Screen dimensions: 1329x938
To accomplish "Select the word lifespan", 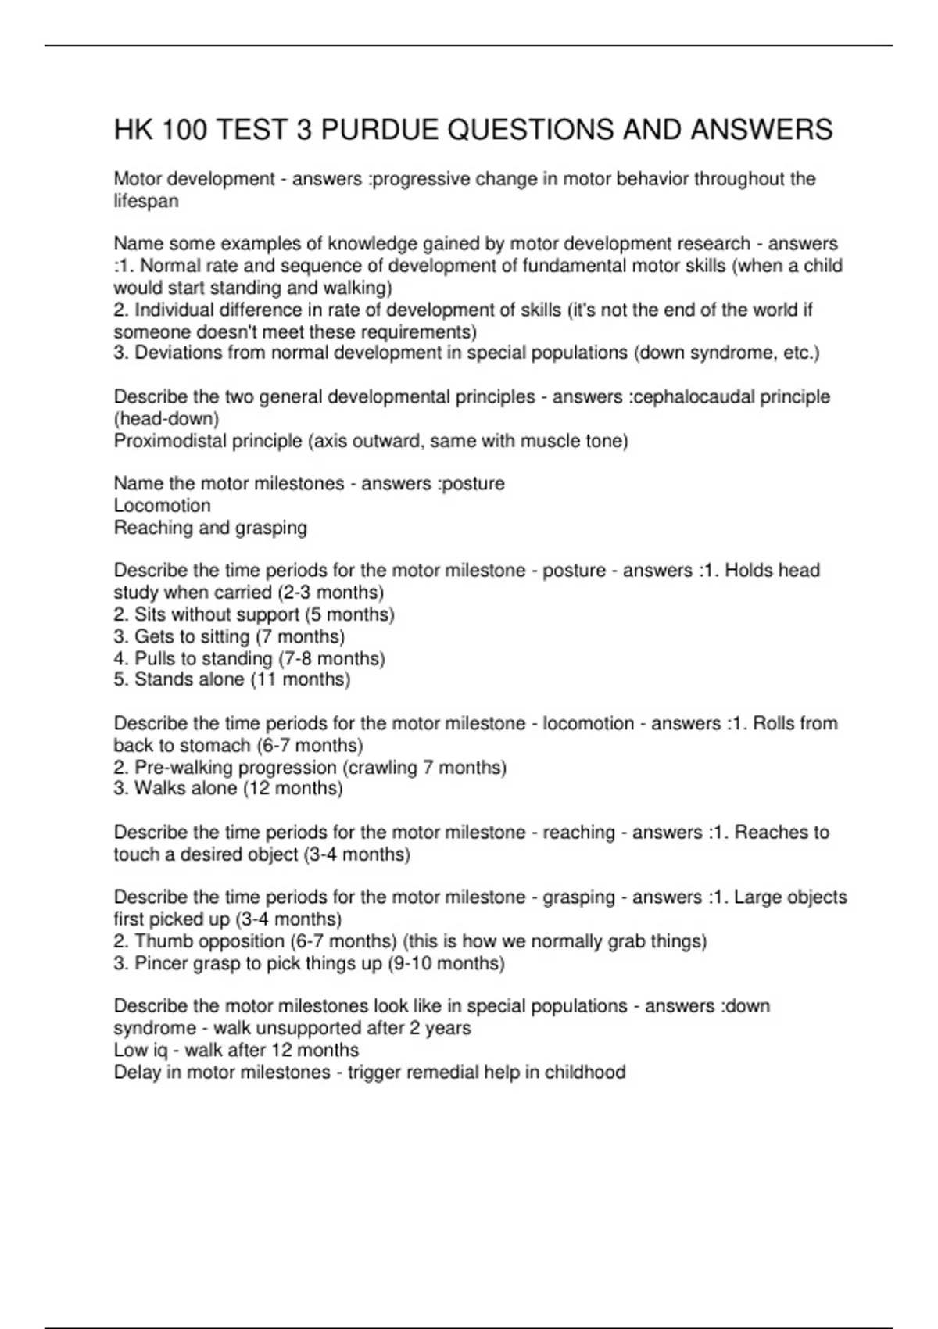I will click(146, 201).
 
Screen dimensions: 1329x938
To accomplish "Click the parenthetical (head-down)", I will click(166, 419).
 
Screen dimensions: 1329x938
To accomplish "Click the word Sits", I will click(150, 614).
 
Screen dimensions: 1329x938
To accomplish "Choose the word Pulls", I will click(155, 658).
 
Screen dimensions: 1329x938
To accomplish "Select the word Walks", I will click(160, 788).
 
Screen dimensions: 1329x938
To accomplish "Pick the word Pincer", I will click(161, 963).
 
